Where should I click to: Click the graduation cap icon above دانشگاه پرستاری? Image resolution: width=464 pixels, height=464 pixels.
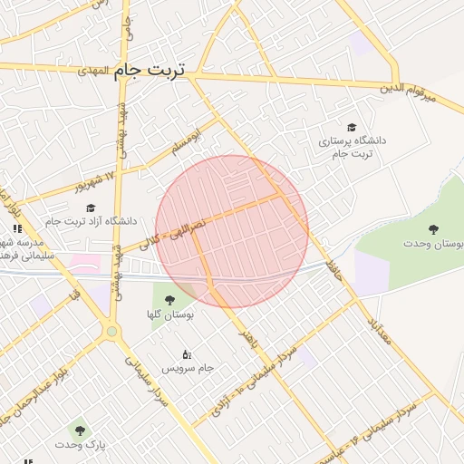[x=352, y=128]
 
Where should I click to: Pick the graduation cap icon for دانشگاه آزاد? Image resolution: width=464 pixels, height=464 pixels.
[x=90, y=208]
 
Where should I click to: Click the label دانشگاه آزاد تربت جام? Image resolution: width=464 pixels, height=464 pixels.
[x=90, y=221]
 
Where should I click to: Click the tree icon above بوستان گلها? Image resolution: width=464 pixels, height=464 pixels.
[x=168, y=300]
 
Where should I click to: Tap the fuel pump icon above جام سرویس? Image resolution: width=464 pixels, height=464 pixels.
[x=187, y=353]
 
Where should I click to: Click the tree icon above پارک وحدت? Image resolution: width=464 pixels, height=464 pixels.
[x=79, y=430]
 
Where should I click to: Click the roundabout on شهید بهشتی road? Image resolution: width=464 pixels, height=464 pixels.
[x=112, y=332]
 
